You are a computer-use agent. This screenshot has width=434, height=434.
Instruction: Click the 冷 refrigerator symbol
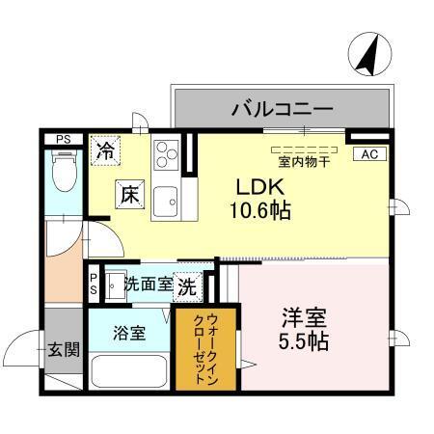pyautogui.click(x=106, y=151)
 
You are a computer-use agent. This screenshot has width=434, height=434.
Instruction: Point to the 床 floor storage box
pyautogui.click(x=130, y=194)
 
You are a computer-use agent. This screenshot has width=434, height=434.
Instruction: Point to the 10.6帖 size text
pyautogui.click(x=261, y=209)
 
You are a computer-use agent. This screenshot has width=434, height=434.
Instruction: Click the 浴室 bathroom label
pyautogui.click(x=129, y=334)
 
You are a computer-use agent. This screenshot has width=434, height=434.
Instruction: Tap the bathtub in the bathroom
pyautogui.click(x=129, y=370)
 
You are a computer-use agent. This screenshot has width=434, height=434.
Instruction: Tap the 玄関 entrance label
pyautogui.click(x=66, y=349)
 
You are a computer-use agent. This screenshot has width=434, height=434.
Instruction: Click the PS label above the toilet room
pyautogui.click(x=63, y=139)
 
